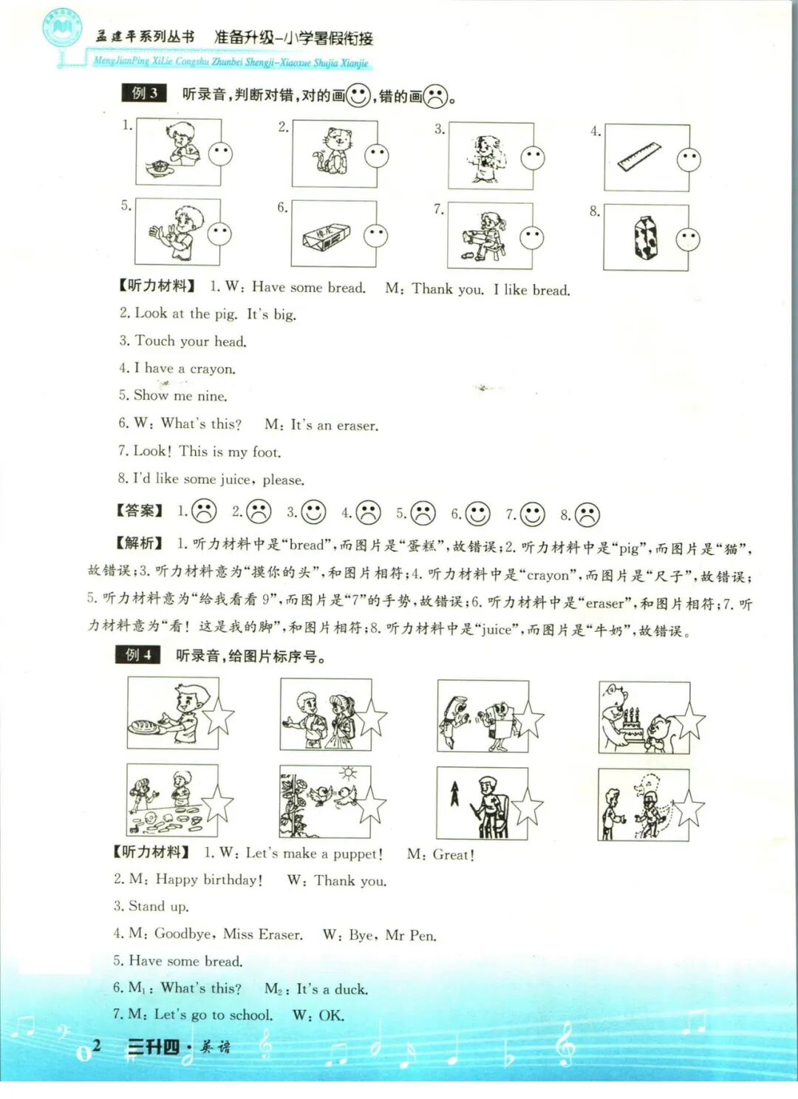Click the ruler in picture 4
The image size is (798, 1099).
coord(638,157)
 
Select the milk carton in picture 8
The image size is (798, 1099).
coord(645,238)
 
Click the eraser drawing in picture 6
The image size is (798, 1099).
coord(325,237)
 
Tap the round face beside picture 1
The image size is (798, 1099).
coord(220,154)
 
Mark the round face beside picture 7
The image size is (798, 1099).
coord(531,237)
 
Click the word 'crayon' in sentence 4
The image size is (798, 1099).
coord(212,369)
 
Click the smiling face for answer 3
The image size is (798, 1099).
coord(313,512)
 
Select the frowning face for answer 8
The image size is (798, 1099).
coord(587,514)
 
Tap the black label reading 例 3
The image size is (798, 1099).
coord(144,93)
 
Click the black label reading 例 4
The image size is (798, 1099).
coord(137,654)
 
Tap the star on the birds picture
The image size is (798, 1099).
coord(371,805)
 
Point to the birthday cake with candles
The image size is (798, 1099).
coord(630,725)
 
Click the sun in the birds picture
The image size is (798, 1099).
coord(348,774)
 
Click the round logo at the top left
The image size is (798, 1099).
coord(62,29)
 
